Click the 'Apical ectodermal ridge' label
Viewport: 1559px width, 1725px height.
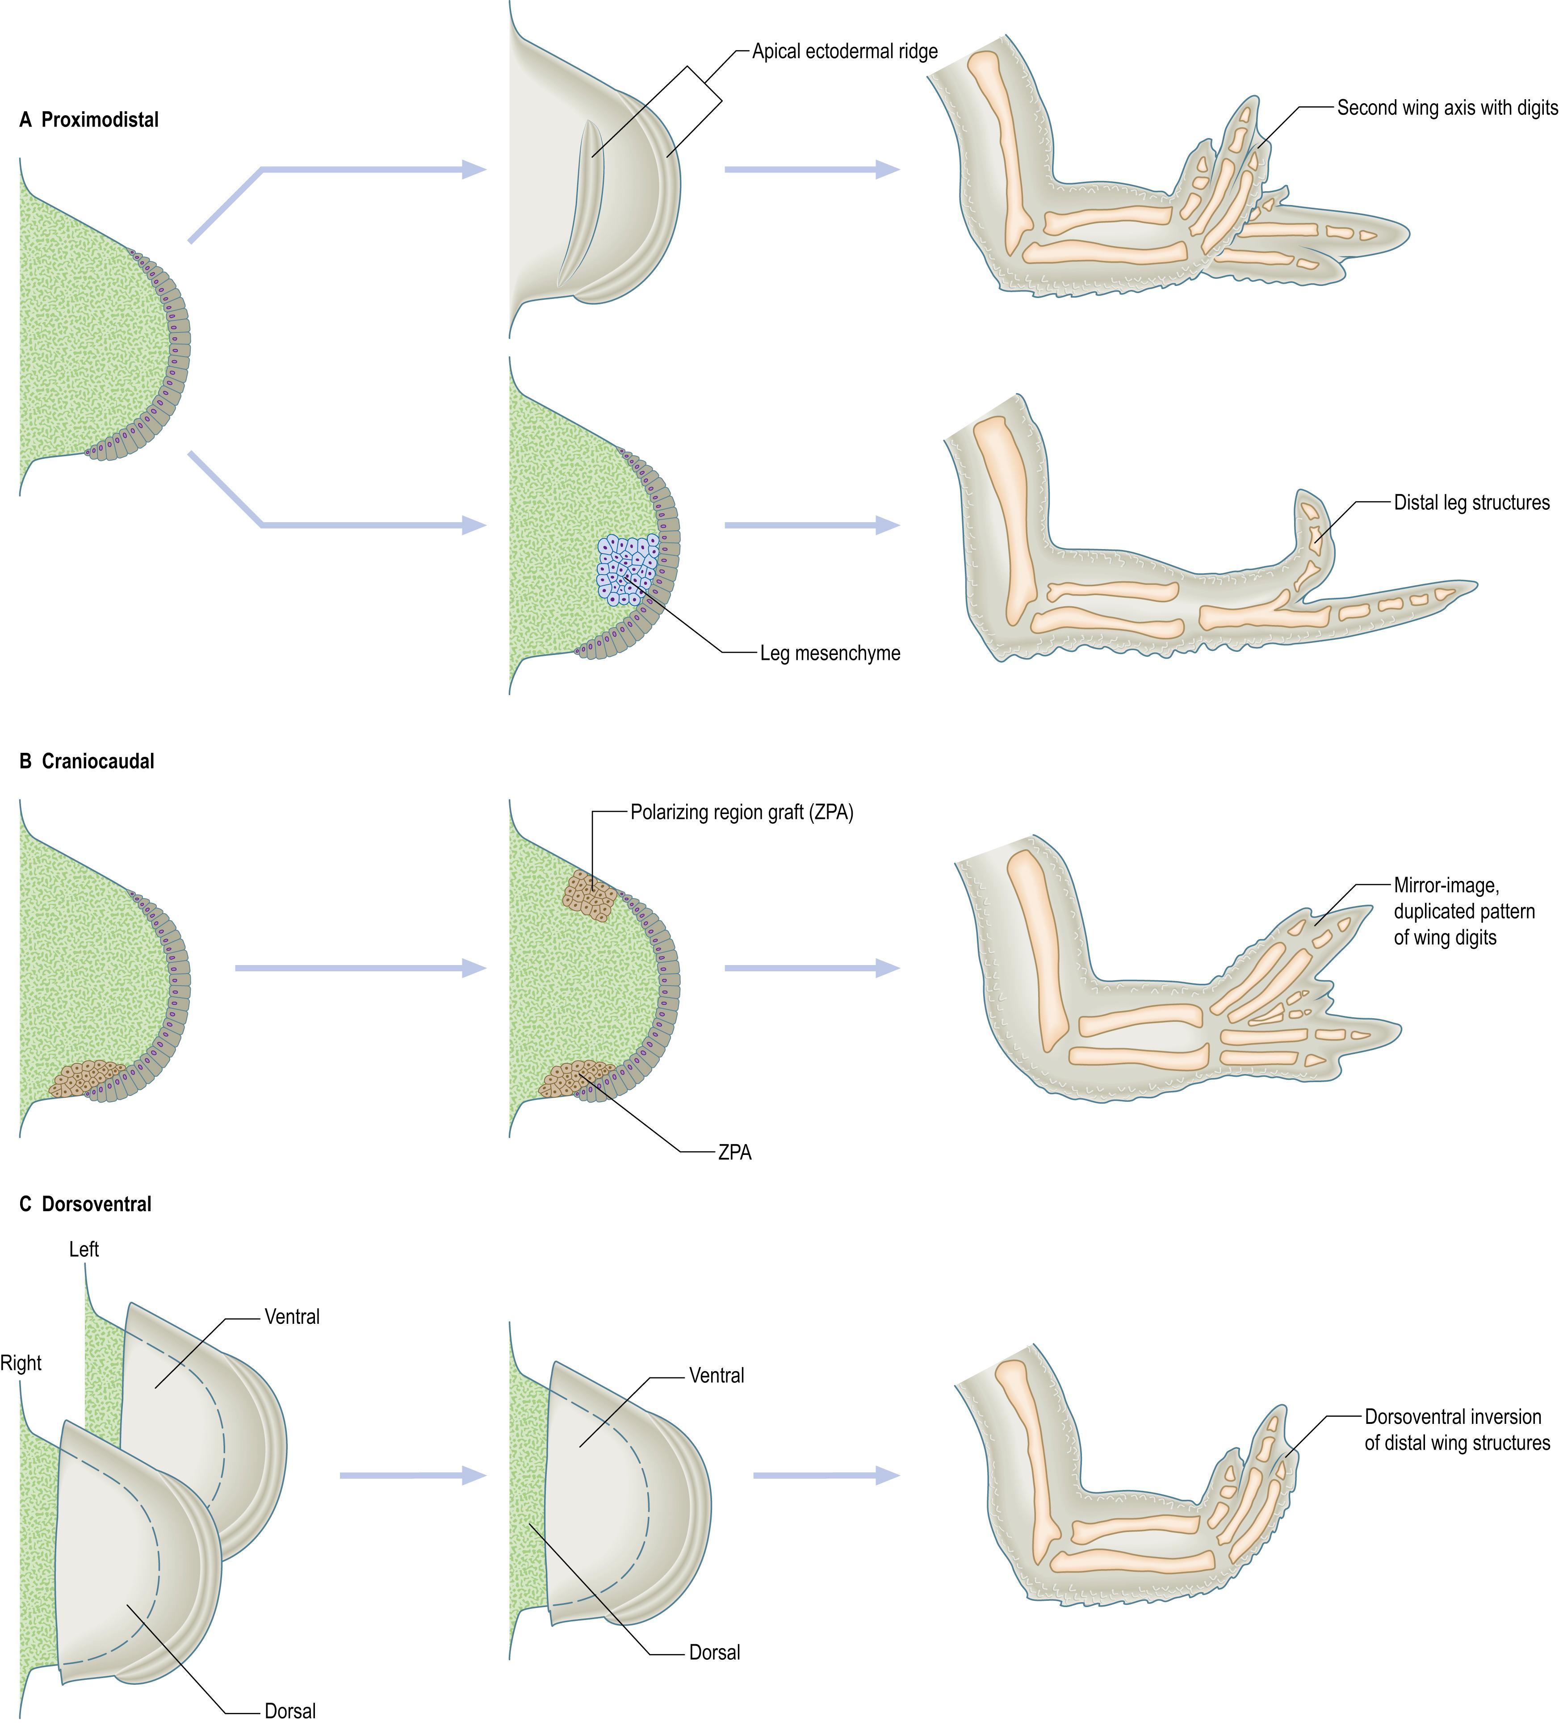(x=845, y=51)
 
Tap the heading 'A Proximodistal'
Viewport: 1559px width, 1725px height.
(x=89, y=120)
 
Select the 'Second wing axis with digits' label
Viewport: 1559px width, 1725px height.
(x=1447, y=108)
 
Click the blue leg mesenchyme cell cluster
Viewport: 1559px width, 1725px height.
(x=628, y=569)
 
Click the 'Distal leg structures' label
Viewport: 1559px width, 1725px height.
(x=1471, y=503)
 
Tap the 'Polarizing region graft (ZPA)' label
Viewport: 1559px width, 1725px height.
(x=741, y=813)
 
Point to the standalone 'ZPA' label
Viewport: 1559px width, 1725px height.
(x=734, y=1153)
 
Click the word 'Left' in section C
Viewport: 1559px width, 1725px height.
(x=84, y=1250)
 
